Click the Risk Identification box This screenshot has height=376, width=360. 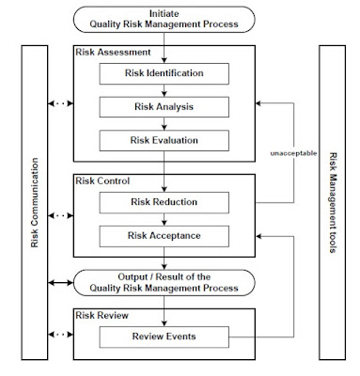tap(164, 72)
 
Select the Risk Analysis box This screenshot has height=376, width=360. tap(164, 106)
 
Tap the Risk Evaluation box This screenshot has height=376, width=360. tap(164, 140)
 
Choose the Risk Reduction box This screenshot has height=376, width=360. tap(164, 201)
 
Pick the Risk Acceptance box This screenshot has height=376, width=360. tap(164, 235)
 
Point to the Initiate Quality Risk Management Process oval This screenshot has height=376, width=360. tap(164, 19)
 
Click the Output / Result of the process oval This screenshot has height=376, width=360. tap(164, 281)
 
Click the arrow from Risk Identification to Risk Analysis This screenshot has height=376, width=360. tap(164, 89)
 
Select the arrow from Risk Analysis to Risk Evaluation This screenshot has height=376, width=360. tap(164, 123)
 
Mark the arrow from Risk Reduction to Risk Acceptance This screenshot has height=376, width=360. tap(164, 218)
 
